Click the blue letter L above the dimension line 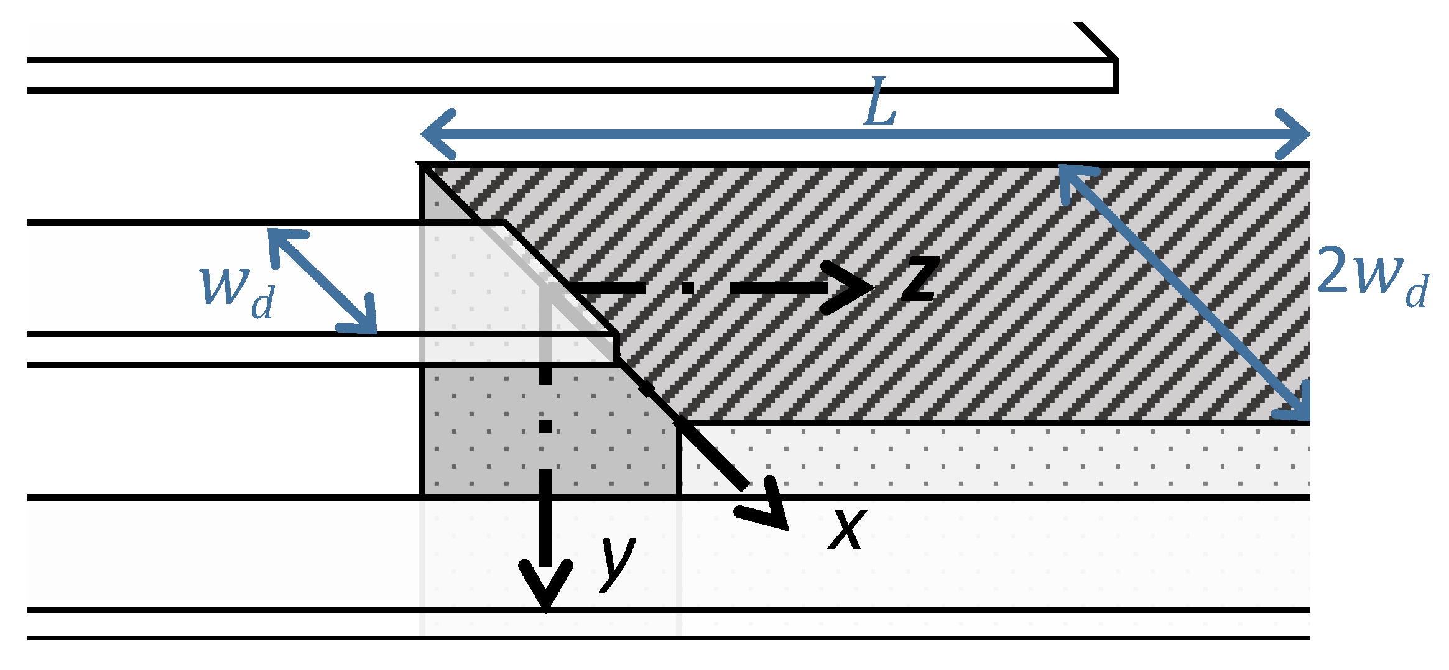[x=879, y=102]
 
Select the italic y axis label [x=618, y=563]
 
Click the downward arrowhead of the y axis [x=545, y=587]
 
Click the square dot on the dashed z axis [x=687, y=287]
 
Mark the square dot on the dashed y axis [x=545, y=426]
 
